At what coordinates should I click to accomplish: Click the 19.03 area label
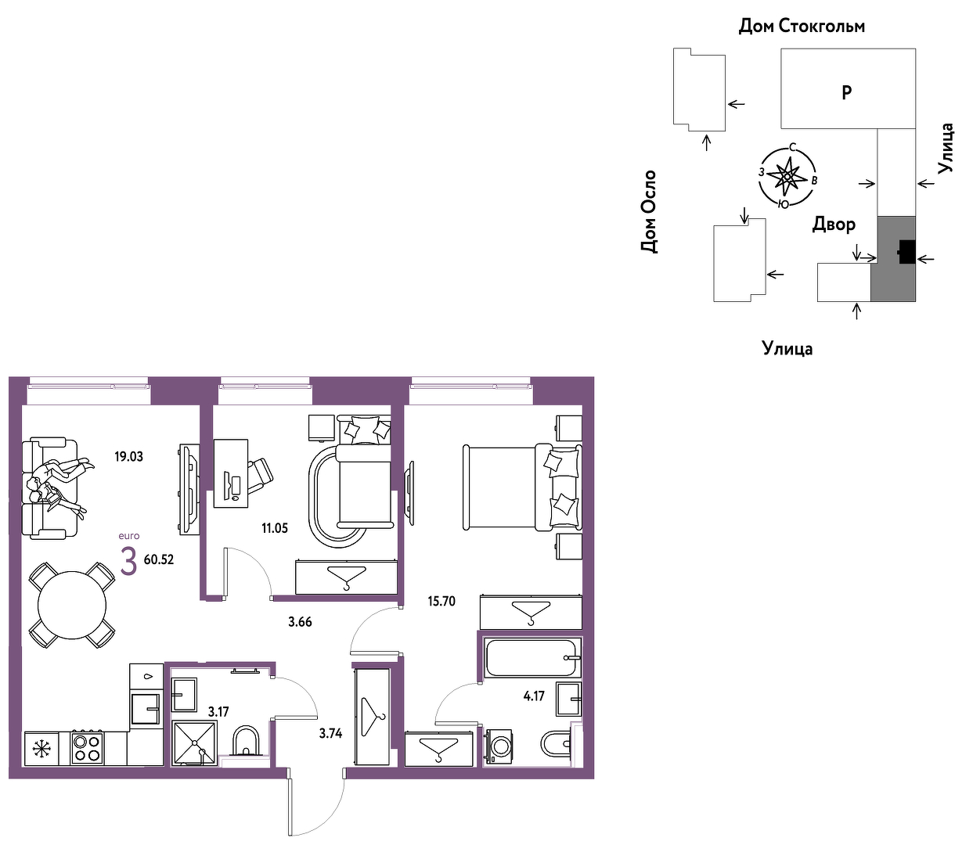click(x=128, y=457)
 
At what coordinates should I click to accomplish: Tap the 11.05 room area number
click(x=275, y=528)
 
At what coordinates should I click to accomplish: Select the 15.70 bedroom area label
click(x=441, y=601)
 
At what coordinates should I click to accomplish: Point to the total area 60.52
click(x=159, y=559)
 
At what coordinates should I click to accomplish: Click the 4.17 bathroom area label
click(x=534, y=696)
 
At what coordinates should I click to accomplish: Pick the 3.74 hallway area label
click(x=330, y=733)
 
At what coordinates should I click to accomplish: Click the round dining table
click(x=72, y=605)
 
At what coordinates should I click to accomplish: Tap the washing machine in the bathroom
click(x=498, y=748)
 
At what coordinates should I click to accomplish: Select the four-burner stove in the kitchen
click(x=87, y=748)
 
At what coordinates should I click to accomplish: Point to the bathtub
click(x=532, y=658)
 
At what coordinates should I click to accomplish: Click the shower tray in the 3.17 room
click(x=194, y=743)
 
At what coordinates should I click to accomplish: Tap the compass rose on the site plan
click(x=787, y=177)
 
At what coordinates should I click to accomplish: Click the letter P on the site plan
click(x=846, y=92)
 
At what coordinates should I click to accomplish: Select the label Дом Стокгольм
click(x=802, y=26)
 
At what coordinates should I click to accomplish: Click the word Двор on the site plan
click(x=834, y=224)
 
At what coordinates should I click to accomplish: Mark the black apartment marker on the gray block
click(x=907, y=252)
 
